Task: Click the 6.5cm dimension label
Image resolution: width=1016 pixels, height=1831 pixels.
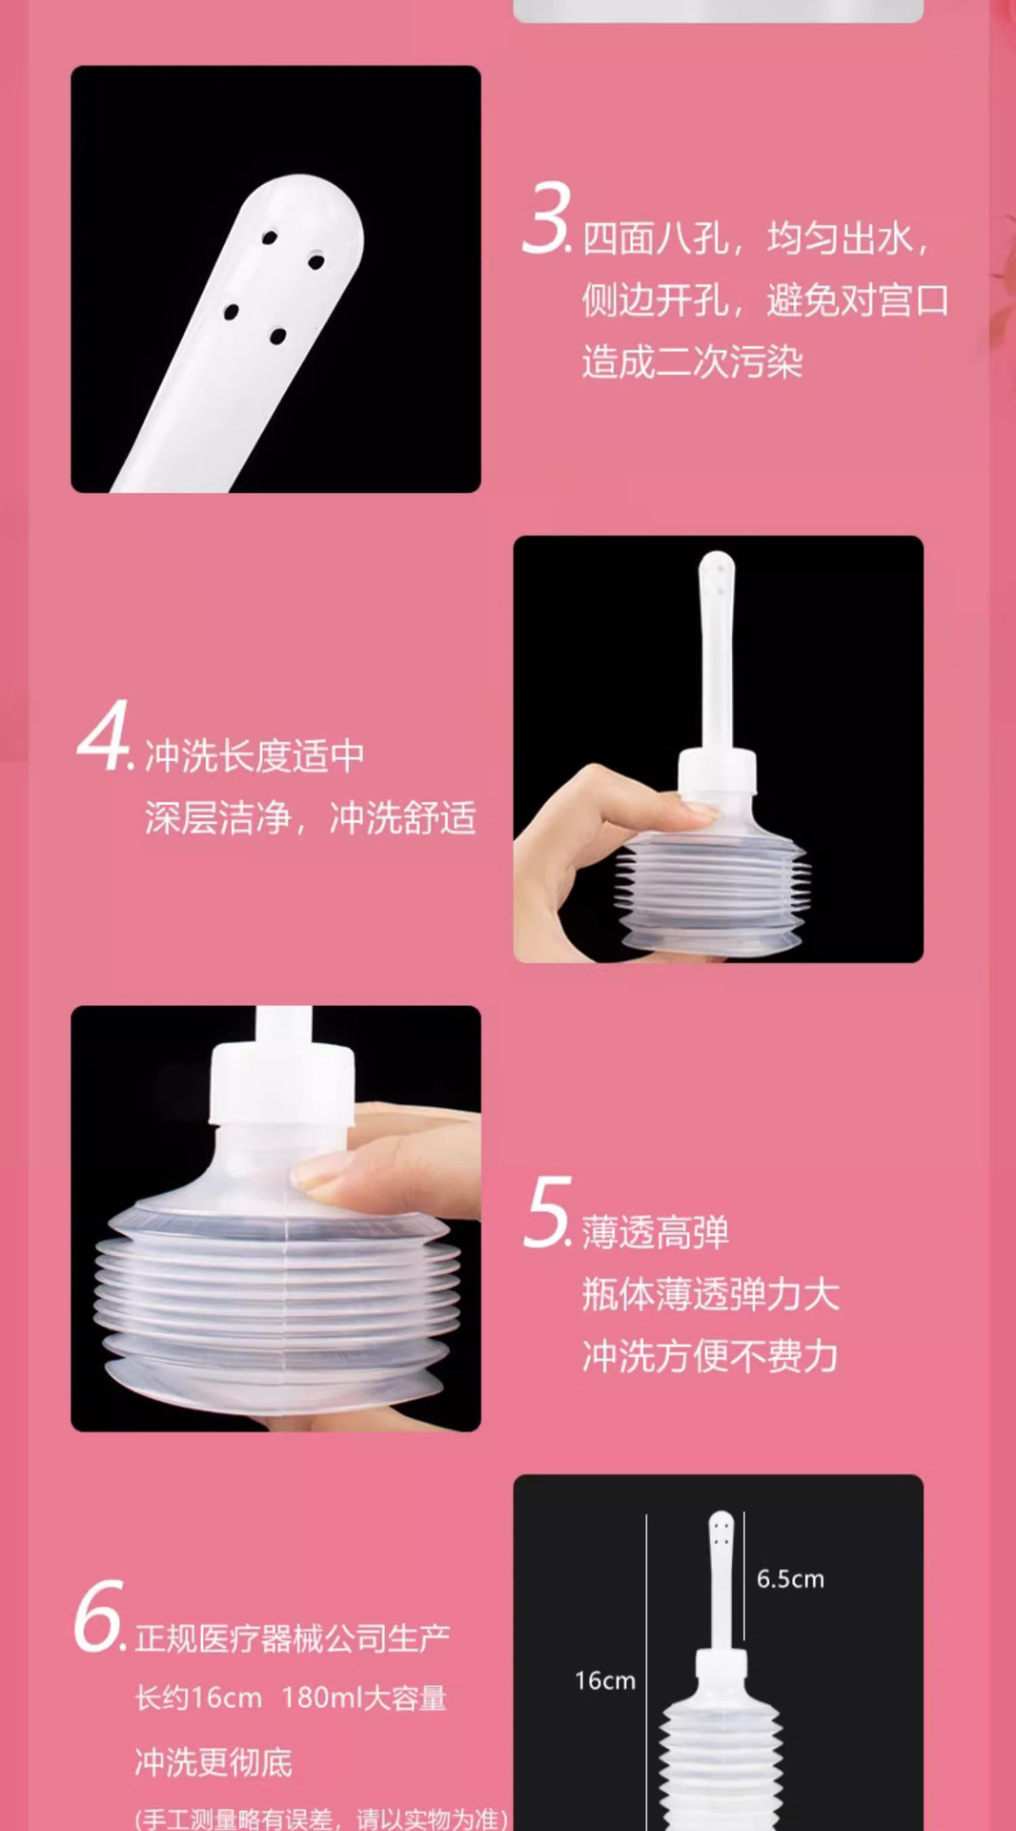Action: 790,1579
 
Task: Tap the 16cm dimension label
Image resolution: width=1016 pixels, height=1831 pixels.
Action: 604,1681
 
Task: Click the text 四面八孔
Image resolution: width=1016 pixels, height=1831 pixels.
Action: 656,238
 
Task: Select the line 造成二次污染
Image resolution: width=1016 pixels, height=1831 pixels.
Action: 693,362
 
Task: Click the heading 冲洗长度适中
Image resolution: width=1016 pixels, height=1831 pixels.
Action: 254,756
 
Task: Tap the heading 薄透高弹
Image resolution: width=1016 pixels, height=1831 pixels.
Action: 656,1232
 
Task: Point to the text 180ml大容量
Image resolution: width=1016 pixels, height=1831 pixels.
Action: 364,1698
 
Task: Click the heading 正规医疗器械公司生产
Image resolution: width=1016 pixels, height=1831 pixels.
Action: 292,1638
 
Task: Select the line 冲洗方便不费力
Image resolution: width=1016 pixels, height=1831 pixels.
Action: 710,1356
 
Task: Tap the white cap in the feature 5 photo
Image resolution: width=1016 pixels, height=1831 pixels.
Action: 283,1082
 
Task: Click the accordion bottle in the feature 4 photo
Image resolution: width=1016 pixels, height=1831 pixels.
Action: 713,887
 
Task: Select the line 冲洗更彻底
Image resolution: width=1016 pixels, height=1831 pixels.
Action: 213,1762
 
